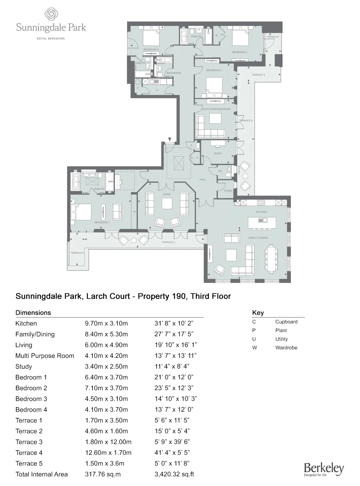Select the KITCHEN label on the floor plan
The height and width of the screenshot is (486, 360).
pyautogui.click(x=261, y=212)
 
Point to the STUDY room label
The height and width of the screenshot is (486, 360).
pyautogui.click(x=218, y=154)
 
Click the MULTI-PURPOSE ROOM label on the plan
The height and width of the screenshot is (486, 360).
pyautogui.click(x=216, y=109)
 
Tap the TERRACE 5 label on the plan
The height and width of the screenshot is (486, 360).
pyautogui.click(x=77, y=253)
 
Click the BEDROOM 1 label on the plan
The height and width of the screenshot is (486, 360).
pyautogui.click(x=102, y=222)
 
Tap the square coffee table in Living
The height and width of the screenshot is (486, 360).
pyautogui.click(x=167, y=204)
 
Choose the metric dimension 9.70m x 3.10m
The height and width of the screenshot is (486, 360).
pyautogui.click(x=106, y=323)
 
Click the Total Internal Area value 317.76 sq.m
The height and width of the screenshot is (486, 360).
pyautogui.click(x=103, y=474)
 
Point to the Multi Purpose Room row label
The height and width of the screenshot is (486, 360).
pyautogui.click(x=45, y=356)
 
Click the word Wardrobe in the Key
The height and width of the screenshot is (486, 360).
pyautogui.click(x=286, y=348)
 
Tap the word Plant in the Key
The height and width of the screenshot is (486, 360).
pyautogui.click(x=281, y=330)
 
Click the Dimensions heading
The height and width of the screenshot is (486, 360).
pyautogui.click(x=33, y=312)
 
